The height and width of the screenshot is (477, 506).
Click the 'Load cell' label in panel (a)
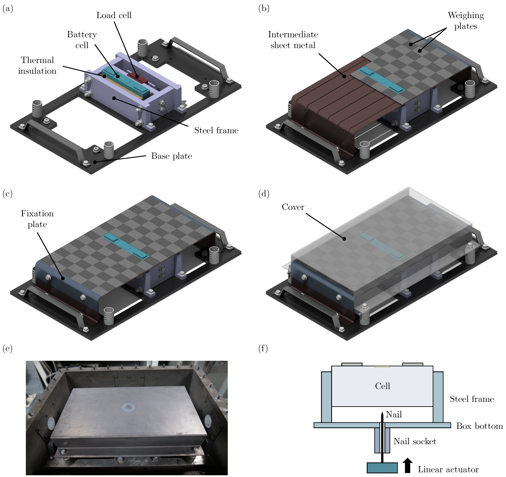[x=114, y=15]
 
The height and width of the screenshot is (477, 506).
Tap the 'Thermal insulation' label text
[x=37, y=65]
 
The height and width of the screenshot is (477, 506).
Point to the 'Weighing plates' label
[x=466, y=21]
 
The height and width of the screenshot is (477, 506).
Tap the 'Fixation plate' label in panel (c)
[x=37, y=219]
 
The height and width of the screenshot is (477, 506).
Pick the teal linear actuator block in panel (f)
[x=382, y=468]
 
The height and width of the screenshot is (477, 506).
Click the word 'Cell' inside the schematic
[x=382, y=386]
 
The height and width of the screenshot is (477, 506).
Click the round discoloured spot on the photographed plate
[x=129, y=407]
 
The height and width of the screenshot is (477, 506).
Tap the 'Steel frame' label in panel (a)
[x=216, y=131]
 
